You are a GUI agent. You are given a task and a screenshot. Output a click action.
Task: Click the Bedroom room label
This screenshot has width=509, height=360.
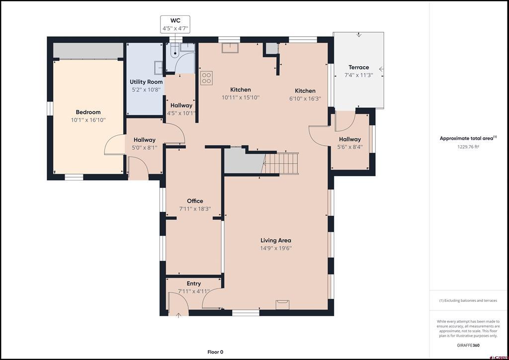88,112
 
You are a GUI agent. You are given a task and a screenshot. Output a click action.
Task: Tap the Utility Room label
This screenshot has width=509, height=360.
146,82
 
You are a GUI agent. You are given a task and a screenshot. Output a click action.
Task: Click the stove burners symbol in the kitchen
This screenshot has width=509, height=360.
206,78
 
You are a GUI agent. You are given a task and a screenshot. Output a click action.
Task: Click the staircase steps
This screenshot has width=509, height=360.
281,163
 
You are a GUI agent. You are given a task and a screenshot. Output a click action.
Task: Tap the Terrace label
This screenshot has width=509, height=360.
359,67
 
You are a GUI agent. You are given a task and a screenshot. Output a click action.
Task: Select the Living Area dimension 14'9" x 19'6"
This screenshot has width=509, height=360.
276,248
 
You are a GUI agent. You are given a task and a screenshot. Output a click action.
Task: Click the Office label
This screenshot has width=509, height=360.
195,201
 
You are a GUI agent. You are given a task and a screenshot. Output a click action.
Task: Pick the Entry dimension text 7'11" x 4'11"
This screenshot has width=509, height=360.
194,291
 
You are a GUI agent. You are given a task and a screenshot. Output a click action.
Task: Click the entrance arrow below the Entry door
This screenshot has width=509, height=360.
178,315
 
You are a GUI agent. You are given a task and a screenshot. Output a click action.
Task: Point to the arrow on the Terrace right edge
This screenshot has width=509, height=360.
381,69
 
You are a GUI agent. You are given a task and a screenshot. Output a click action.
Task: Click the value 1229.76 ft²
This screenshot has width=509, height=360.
468,147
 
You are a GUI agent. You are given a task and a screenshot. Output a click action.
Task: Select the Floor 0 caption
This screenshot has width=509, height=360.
215,352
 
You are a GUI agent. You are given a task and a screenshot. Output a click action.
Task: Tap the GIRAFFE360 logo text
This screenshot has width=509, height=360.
468,345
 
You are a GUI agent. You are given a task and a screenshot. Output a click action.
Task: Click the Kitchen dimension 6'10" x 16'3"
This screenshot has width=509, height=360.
305,98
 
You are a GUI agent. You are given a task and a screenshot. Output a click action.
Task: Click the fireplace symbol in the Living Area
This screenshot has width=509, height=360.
282,305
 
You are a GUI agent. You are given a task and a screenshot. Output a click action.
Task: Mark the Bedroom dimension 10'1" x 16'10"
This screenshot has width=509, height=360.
88,120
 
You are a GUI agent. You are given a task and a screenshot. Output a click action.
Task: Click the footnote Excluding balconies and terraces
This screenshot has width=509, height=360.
468,301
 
